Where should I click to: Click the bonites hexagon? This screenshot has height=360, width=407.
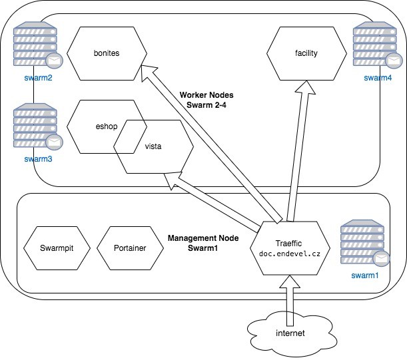pos(107,53)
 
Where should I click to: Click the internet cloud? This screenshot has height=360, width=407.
pos(290,331)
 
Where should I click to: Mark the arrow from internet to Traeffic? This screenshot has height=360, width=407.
pos(290,293)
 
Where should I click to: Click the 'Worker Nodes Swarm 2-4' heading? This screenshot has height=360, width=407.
pos(206,100)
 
